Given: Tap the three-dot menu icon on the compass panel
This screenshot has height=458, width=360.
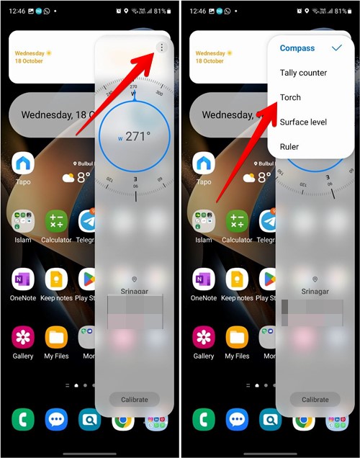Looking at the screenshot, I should point(162,48).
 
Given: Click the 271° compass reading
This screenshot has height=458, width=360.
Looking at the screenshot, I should point(135,137).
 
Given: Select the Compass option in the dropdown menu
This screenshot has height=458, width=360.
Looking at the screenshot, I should point(297,48).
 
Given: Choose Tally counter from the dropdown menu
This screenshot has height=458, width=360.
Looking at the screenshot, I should point(303,73).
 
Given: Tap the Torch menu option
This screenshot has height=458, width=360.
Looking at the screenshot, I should point(290,97).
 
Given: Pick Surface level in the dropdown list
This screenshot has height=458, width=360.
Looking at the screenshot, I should point(303,122).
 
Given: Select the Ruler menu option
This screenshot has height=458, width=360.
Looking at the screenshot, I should point(289,147).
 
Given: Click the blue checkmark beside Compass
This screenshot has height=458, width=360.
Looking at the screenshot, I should point(336,48).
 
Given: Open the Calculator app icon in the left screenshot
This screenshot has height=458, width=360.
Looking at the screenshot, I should point(56,221).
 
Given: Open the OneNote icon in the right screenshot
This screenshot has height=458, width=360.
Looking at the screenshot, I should point(204,279).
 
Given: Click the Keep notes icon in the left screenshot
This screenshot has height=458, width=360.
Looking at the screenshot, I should point(56,279).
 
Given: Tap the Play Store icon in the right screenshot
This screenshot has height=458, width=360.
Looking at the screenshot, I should point(269,279).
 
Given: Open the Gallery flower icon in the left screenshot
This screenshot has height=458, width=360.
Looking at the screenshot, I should point(23,337).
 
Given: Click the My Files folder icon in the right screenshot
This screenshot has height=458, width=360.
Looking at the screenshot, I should point(236,337).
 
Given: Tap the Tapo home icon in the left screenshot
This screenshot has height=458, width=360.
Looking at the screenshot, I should point(23,164).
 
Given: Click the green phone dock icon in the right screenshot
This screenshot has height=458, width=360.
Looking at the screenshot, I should point(204,420).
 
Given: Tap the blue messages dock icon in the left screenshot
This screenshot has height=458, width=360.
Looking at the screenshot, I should point(56,420).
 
